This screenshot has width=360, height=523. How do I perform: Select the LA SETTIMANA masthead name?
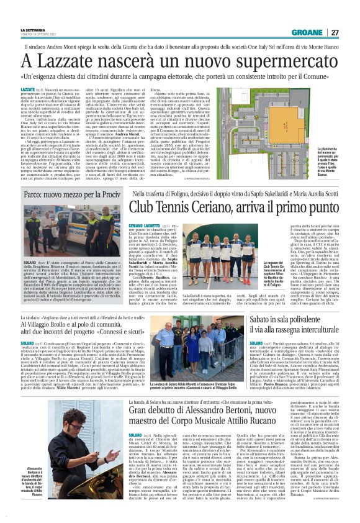coord(32,30)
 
